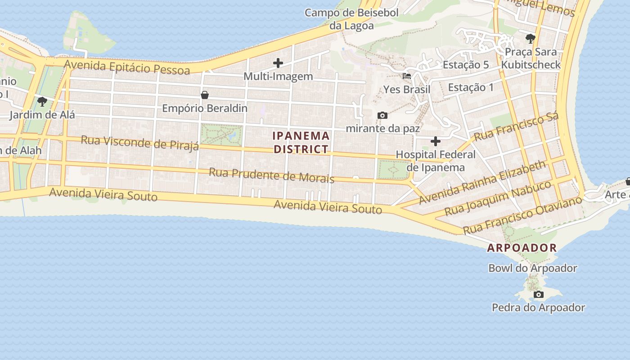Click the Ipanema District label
point(301,142)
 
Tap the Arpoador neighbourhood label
point(522,248)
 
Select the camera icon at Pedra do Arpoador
point(538,295)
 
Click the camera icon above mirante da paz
point(382,116)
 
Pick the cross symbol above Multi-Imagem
point(278,63)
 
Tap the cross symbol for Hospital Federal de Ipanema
point(435,142)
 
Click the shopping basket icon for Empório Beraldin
point(205,95)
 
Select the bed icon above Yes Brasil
point(407,76)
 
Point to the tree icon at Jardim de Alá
point(42,102)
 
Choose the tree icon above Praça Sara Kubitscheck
point(531,39)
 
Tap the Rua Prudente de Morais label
point(272,175)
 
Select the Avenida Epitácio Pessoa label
point(127,67)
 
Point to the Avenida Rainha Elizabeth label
point(482,182)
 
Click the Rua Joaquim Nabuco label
point(498,198)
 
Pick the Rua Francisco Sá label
point(516,126)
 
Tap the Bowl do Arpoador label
point(533,268)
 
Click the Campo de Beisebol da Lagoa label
point(351,19)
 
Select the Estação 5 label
point(465,65)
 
